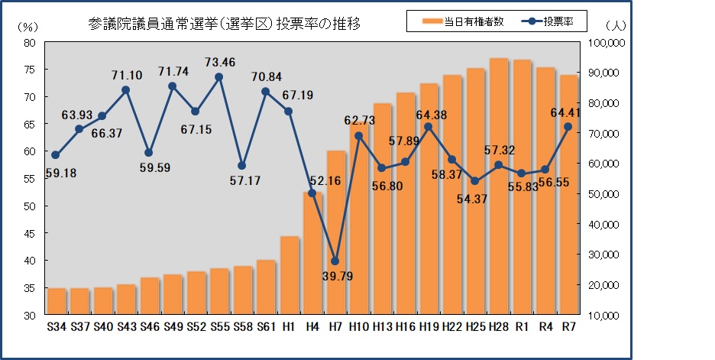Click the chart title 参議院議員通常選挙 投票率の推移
(x=225, y=24)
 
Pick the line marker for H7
(x=335, y=261)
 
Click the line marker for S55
(x=218, y=76)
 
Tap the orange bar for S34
(x=56, y=301)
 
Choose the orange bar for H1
(x=289, y=275)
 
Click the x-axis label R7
(x=568, y=326)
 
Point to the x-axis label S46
(x=149, y=326)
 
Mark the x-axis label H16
(x=406, y=326)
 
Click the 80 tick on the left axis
(x=31, y=43)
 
